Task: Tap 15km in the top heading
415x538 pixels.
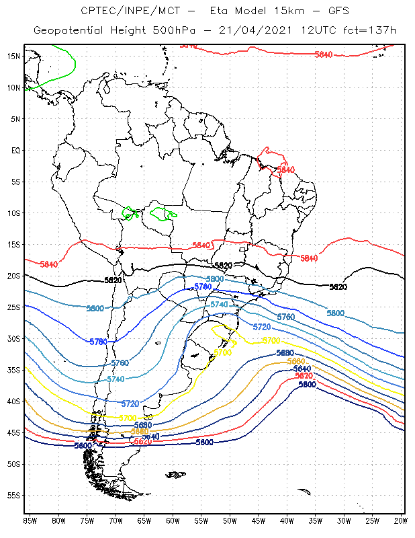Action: point(279,11)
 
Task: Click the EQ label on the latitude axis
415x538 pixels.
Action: point(15,150)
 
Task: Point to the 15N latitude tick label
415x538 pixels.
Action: point(13,56)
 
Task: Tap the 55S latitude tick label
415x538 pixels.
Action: point(13,496)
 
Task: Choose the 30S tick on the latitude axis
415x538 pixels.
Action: point(13,338)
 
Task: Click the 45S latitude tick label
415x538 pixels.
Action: point(13,432)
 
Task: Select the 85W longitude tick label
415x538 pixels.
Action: point(30,521)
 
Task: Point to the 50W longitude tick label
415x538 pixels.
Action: point(230,521)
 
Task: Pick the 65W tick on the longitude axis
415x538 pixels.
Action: point(144,521)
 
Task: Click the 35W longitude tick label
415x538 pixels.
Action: point(315,521)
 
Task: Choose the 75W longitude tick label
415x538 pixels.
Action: point(87,521)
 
